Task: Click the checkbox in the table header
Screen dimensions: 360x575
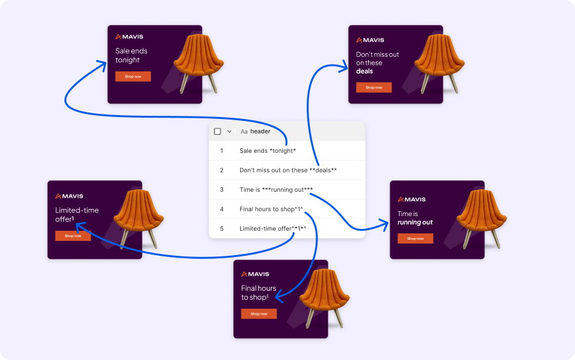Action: click(217, 131)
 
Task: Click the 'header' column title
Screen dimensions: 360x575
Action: click(260, 131)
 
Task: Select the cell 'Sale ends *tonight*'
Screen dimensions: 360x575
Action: click(268, 151)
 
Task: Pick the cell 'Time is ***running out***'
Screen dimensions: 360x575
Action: click(276, 189)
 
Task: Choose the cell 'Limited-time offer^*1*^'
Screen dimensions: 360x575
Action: click(277, 228)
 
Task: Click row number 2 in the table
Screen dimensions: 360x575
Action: click(222, 170)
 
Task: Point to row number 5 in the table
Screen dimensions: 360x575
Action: click(222, 228)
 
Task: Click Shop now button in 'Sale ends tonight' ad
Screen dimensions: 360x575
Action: click(133, 77)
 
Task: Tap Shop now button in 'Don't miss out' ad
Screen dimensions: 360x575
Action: click(374, 88)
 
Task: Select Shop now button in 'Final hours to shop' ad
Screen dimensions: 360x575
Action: click(259, 314)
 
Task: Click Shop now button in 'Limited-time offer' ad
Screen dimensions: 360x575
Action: click(73, 236)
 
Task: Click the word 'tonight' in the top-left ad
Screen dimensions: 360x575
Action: click(127, 60)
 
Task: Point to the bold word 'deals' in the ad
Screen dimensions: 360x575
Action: click(364, 71)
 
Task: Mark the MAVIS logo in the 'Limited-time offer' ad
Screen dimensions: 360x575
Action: click(70, 196)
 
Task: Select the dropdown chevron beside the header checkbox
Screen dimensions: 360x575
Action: click(229, 131)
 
